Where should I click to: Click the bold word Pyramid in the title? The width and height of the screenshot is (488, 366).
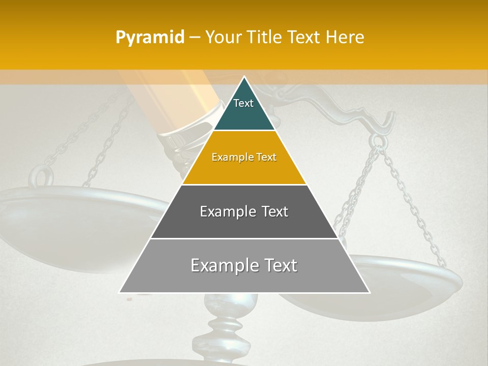149,38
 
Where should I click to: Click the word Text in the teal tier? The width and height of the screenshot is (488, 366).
243,103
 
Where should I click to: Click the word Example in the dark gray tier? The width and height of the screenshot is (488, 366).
223,211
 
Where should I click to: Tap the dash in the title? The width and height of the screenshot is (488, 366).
194,38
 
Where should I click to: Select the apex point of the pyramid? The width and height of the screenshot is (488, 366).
244,77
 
